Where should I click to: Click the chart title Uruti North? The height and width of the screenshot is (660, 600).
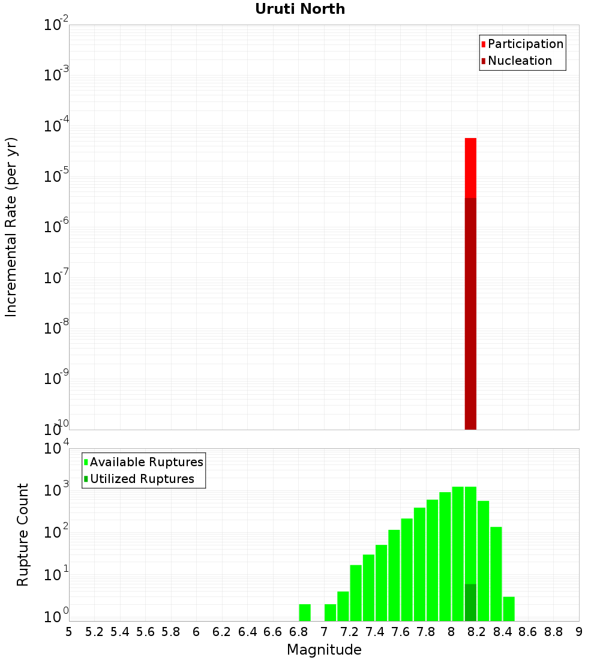pos(300,9)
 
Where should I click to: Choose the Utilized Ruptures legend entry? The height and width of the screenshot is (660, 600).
pos(142,479)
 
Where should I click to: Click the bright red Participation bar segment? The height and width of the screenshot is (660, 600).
pos(470,168)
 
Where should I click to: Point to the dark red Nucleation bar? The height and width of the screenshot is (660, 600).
pos(470,312)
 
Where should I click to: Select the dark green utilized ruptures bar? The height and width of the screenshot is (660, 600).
pos(470,602)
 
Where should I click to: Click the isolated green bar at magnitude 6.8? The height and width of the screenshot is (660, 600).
pos(305,613)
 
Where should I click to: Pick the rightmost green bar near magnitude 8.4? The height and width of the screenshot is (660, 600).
pos(509,609)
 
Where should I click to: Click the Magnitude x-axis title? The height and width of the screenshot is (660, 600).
pos(324,650)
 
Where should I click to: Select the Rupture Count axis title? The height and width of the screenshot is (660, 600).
pos(23,534)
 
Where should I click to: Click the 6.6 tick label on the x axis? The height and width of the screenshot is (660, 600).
pos(273,632)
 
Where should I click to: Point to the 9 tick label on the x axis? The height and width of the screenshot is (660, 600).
pos(579,632)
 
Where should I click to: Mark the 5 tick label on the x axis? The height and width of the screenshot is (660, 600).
pos(69,632)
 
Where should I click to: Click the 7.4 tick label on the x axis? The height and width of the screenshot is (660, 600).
pos(375,632)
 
